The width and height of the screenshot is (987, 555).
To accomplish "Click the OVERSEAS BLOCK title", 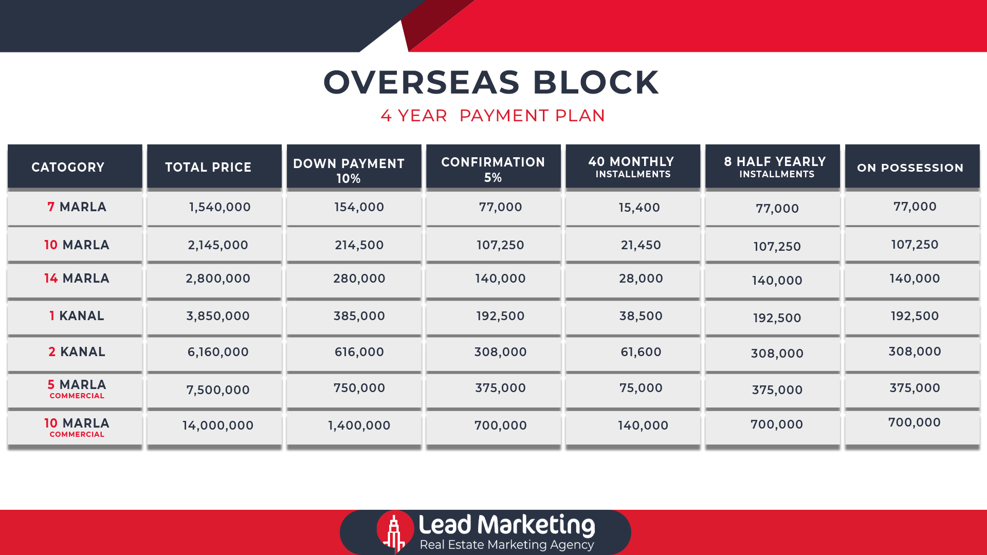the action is (491, 82).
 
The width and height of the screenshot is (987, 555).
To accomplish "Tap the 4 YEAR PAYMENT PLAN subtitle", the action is (492, 116).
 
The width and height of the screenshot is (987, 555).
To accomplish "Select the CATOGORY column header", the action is (68, 167).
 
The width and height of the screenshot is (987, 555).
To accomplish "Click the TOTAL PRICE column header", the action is (208, 167).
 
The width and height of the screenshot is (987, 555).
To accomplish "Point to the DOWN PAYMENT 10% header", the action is (349, 171).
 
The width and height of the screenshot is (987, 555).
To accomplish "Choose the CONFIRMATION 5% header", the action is (493, 170).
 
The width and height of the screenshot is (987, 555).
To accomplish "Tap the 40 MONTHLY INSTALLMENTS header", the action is (632, 168).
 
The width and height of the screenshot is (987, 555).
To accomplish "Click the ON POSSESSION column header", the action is (910, 168).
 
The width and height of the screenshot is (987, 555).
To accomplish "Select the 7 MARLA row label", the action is (77, 207).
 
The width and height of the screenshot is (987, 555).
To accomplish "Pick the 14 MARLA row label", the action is (77, 279).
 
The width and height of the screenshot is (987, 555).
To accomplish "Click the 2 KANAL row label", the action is (77, 352).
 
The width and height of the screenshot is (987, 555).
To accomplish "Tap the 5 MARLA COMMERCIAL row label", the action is (77, 389).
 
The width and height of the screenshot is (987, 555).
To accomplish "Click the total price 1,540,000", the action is (220, 207).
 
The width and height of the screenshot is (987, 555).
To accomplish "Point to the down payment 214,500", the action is (359, 245).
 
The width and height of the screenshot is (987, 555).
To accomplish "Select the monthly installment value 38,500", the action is (641, 316).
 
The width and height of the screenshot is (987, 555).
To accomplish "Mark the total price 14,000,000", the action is (218, 425).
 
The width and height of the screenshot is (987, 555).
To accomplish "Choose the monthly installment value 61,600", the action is (641, 352).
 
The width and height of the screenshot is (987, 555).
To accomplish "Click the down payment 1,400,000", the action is (359, 425).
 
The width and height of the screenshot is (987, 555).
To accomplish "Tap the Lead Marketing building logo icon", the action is (395, 531).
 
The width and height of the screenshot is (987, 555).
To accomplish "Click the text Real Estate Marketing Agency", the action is (507, 545).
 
